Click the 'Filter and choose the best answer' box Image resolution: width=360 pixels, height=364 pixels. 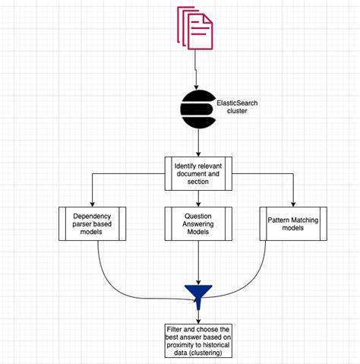(x=197, y=340)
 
